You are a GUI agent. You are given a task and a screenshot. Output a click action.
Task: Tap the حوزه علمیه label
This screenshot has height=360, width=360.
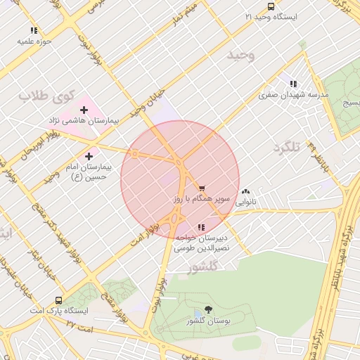tap(35, 41)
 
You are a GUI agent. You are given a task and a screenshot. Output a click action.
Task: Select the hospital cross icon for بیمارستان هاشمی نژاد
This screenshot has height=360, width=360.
tap(84, 110)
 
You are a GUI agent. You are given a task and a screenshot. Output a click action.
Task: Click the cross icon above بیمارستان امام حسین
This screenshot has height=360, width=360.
tap(89, 156)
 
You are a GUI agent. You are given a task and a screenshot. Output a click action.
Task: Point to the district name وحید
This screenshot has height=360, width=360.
tap(241, 54)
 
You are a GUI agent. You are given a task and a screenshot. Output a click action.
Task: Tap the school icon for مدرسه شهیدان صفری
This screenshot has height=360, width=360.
tap(293, 84)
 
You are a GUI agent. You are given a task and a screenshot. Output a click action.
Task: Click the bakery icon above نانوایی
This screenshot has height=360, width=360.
tap(245, 191)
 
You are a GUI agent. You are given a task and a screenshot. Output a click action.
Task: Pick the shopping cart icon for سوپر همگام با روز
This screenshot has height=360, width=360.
tap(202, 188)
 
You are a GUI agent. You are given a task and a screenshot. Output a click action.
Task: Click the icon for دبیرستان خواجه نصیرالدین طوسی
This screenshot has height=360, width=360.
tap(201, 227)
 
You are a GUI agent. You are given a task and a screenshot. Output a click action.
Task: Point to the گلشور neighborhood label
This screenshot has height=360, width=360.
tap(205, 267)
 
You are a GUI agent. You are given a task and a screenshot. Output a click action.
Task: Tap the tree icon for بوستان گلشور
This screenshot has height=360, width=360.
tap(208, 309)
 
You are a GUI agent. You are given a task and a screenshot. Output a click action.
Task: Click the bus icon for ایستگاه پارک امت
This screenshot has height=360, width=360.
tap(58, 300)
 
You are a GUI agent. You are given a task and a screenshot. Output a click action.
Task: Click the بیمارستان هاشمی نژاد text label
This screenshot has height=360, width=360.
tap(91, 121)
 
